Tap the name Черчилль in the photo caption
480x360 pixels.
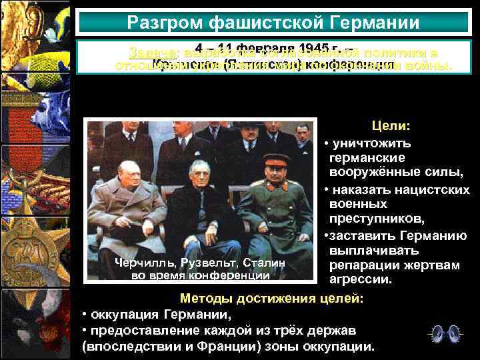(x=141, y=263)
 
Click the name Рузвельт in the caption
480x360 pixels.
(x=206, y=263)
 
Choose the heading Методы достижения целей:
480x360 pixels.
(x=272, y=298)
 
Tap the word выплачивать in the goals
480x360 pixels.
(x=375, y=251)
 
